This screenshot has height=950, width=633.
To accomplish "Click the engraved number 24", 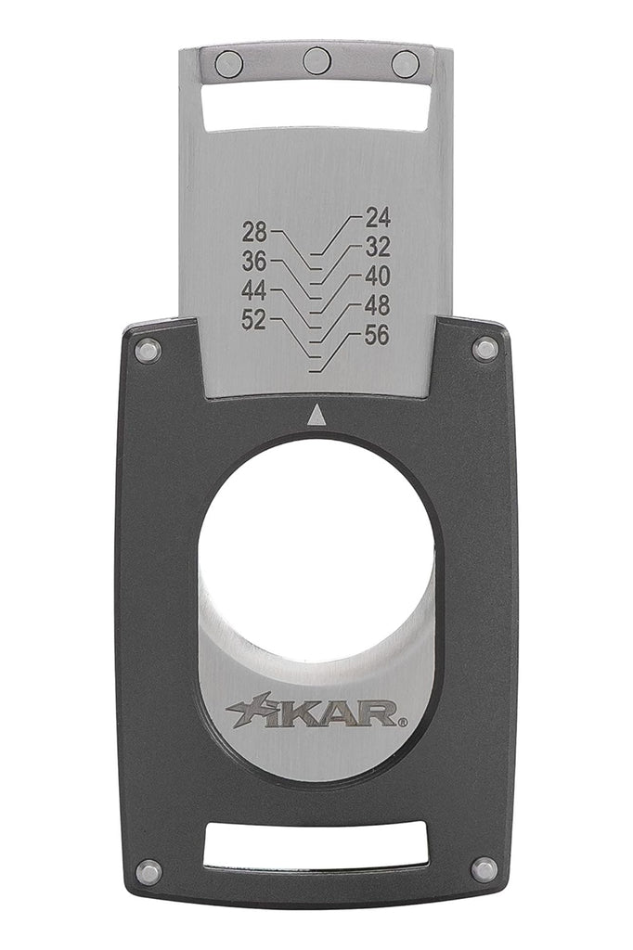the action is click(x=378, y=217).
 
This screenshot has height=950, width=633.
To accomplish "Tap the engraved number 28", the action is click(x=254, y=231).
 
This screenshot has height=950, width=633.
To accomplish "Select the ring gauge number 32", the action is click(x=378, y=247).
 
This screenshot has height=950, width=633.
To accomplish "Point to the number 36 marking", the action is click(x=254, y=261).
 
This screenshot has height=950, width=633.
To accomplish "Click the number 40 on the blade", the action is click(x=378, y=276).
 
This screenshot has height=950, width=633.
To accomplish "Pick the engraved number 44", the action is click(x=254, y=290).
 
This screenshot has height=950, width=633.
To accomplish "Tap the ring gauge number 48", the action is click(x=378, y=306).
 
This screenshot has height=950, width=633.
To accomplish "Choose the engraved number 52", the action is click(x=254, y=319).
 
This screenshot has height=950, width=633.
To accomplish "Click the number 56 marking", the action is click(x=378, y=335).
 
